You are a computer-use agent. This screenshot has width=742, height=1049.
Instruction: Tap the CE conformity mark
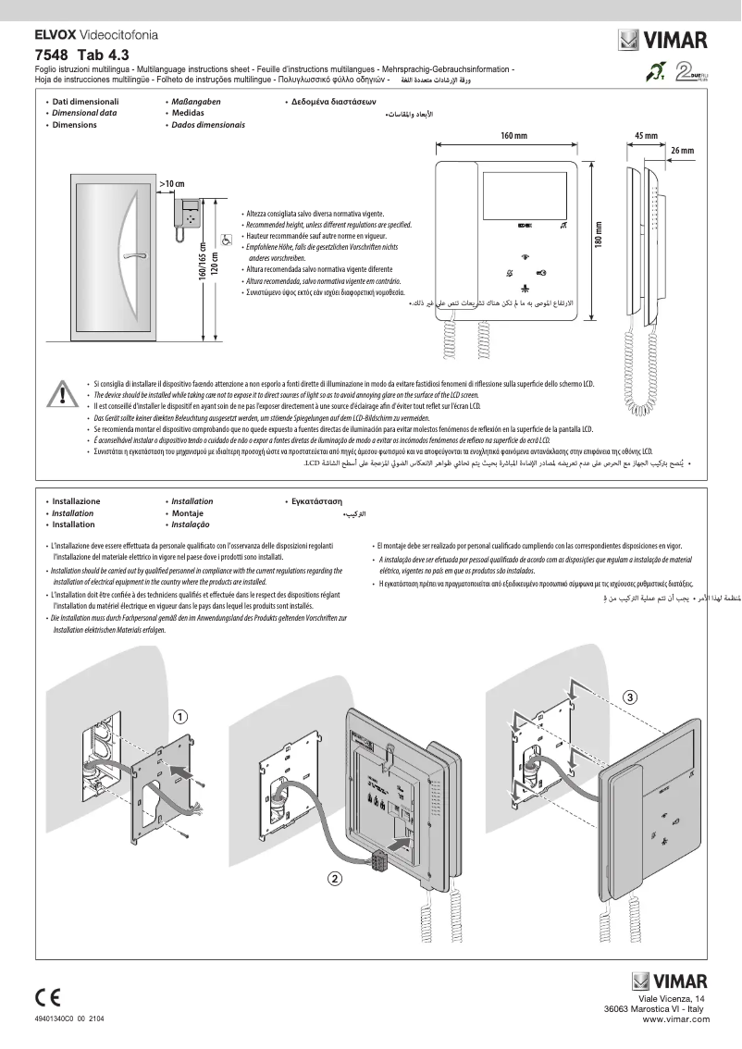pos(47,996)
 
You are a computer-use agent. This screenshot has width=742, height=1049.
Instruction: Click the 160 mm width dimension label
pos(513,136)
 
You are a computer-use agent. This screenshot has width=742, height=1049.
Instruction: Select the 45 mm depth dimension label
pos(646,136)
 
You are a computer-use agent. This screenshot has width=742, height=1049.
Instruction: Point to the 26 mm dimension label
pos(681,150)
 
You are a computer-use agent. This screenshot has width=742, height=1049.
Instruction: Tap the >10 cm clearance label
pos(172,185)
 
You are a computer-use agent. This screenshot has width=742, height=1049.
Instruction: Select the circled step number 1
pos(181,716)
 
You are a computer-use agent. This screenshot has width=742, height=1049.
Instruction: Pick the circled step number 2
pos(336,877)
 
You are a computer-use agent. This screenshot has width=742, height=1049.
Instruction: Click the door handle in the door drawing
pos(131,253)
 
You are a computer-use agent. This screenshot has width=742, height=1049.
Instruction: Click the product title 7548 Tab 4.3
pos(81,54)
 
